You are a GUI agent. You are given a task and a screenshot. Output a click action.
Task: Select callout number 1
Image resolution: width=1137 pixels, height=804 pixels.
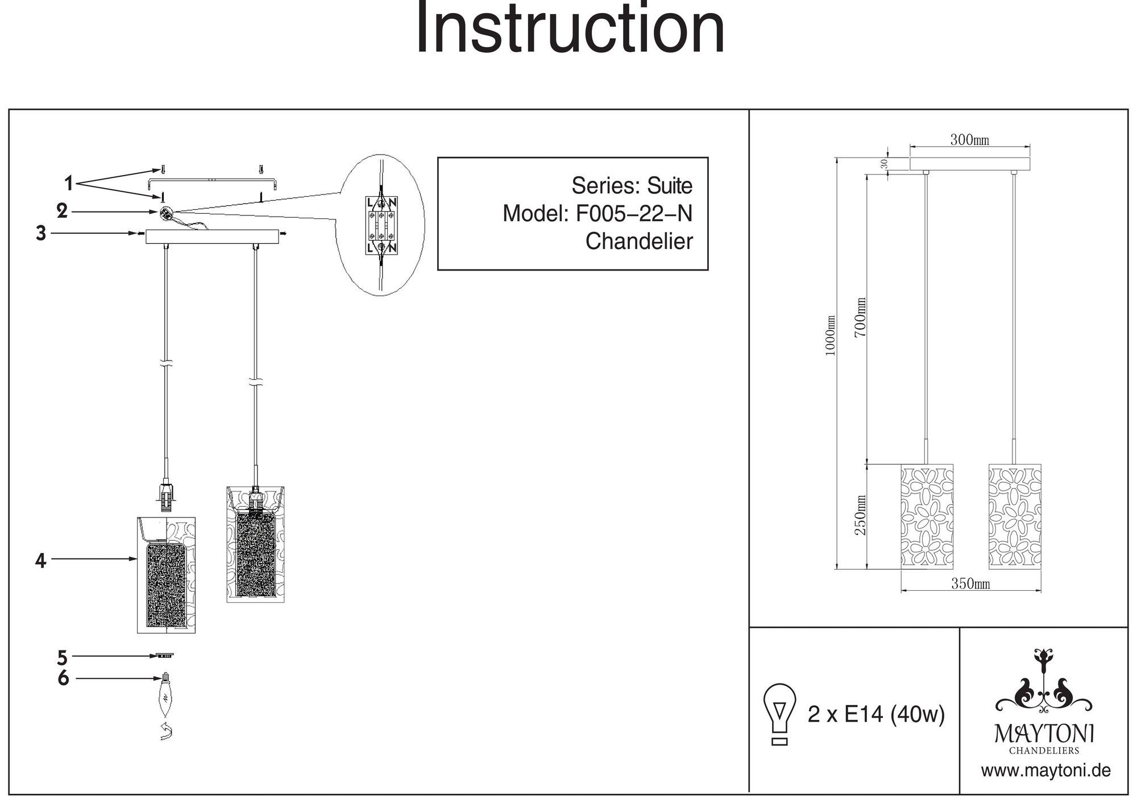tap(69, 183)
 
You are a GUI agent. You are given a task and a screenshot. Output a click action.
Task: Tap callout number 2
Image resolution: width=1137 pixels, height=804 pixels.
tap(62, 211)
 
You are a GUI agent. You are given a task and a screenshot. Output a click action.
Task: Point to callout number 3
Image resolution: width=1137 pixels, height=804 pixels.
tap(41, 233)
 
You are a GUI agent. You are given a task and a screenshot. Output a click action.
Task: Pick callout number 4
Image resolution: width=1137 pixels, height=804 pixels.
tap(40, 561)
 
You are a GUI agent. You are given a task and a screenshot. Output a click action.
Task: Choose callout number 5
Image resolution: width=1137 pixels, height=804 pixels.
tap(63, 657)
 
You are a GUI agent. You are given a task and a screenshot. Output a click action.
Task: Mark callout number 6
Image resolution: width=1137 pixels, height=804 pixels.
tap(63, 678)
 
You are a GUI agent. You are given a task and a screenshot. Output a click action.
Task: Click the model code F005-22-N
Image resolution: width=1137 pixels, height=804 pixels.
tap(634, 214)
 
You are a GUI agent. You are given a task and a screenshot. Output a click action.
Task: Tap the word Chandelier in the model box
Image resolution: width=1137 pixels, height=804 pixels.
tap(639, 241)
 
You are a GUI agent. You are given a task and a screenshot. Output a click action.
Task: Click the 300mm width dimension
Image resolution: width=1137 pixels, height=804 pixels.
tap(969, 140)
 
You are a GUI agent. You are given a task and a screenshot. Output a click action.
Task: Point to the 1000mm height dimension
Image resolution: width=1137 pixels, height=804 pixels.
tap(831, 335)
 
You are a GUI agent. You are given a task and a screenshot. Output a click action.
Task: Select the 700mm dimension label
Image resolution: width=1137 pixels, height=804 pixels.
tap(861, 317)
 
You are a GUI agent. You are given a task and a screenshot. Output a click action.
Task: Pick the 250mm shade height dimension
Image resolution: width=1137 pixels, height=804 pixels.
tap(861, 515)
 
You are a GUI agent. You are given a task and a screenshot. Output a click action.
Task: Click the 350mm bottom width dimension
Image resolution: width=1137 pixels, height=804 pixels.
tap(970, 584)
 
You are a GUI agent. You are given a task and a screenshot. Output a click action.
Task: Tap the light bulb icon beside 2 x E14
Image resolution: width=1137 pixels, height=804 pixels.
tap(780, 714)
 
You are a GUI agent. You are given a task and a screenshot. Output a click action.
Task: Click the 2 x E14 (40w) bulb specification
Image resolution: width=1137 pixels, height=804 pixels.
tap(876, 714)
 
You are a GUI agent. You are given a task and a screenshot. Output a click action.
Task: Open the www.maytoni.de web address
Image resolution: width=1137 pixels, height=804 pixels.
tap(1045, 771)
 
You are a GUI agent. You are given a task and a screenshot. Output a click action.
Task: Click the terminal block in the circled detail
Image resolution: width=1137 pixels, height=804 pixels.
tap(381, 225)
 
